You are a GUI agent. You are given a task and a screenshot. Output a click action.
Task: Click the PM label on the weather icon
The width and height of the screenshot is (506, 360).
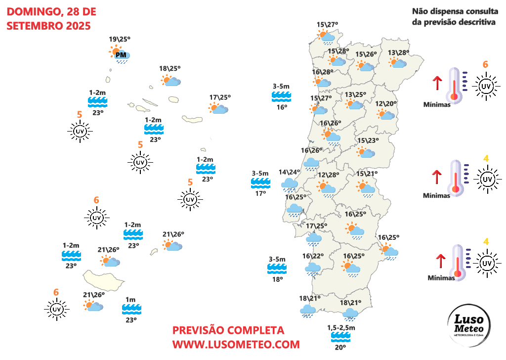[x=121, y=55]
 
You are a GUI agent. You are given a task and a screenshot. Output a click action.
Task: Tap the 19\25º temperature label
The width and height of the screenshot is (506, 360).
[x=119, y=39]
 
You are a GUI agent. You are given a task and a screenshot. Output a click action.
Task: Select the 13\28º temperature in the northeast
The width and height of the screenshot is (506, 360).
[x=398, y=53]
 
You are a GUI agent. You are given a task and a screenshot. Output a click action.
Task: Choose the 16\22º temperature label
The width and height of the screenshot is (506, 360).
[x=313, y=256]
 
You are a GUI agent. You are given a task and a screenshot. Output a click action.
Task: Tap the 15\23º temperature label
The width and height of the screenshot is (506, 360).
[x=368, y=140]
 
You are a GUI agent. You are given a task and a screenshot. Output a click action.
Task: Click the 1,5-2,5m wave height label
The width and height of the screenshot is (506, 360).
[x=341, y=328]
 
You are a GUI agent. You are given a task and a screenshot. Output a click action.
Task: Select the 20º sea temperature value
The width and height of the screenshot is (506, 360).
[x=341, y=348]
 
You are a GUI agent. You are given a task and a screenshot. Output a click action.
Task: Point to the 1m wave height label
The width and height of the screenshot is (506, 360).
[x=131, y=300]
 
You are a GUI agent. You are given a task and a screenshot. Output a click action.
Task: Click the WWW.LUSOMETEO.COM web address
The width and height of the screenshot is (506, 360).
[x=236, y=344]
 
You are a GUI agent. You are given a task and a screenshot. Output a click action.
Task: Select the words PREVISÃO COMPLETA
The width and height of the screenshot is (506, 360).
[x=228, y=330]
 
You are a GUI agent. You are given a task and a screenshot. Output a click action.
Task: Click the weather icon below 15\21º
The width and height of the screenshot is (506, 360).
[x=366, y=188]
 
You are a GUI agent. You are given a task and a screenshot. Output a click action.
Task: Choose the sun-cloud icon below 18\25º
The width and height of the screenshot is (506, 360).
[x=171, y=81]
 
